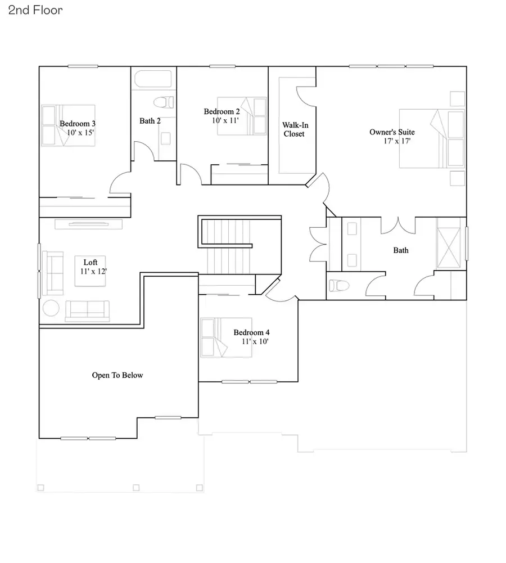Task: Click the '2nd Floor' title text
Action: [35, 10]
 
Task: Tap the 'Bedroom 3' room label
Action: [78, 123]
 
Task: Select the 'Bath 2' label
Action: [150, 121]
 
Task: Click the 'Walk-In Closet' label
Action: [293, 129]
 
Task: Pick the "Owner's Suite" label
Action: [392, 132]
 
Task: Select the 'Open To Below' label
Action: [118, 375]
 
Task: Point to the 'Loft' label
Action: [91, 262]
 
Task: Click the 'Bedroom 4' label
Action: [252, 332]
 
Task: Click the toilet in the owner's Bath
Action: [337, 285]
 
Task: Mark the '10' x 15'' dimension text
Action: [80, 133]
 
